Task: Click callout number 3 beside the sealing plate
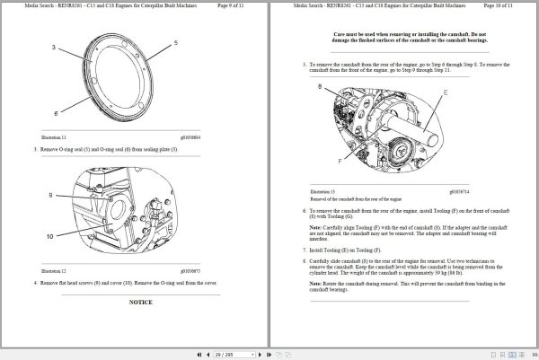point(55,46)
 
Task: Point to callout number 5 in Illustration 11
point(176,42)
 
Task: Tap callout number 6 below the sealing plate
point(55,114)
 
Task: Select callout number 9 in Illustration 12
point(51,195)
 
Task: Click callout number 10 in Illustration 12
point(51,236)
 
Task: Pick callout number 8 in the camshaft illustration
point(319,86)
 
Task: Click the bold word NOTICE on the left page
point(139,303)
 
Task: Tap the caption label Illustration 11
point(55,136)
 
